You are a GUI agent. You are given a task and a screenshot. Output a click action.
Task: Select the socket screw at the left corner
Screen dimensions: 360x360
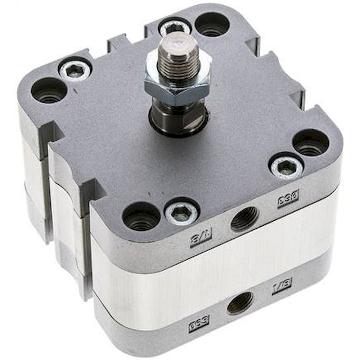point(75,70)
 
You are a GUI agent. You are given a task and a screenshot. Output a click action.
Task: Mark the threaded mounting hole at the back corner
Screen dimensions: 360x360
point(212,24)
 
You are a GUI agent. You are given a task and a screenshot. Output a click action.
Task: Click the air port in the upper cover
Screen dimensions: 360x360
point(244,219)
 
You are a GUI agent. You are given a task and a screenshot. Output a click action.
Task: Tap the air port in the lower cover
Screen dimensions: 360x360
point(240,302)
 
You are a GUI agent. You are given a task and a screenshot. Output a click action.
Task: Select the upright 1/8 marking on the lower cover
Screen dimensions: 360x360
point(282,286)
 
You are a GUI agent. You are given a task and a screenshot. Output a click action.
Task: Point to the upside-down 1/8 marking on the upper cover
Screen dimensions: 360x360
point(201,237)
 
